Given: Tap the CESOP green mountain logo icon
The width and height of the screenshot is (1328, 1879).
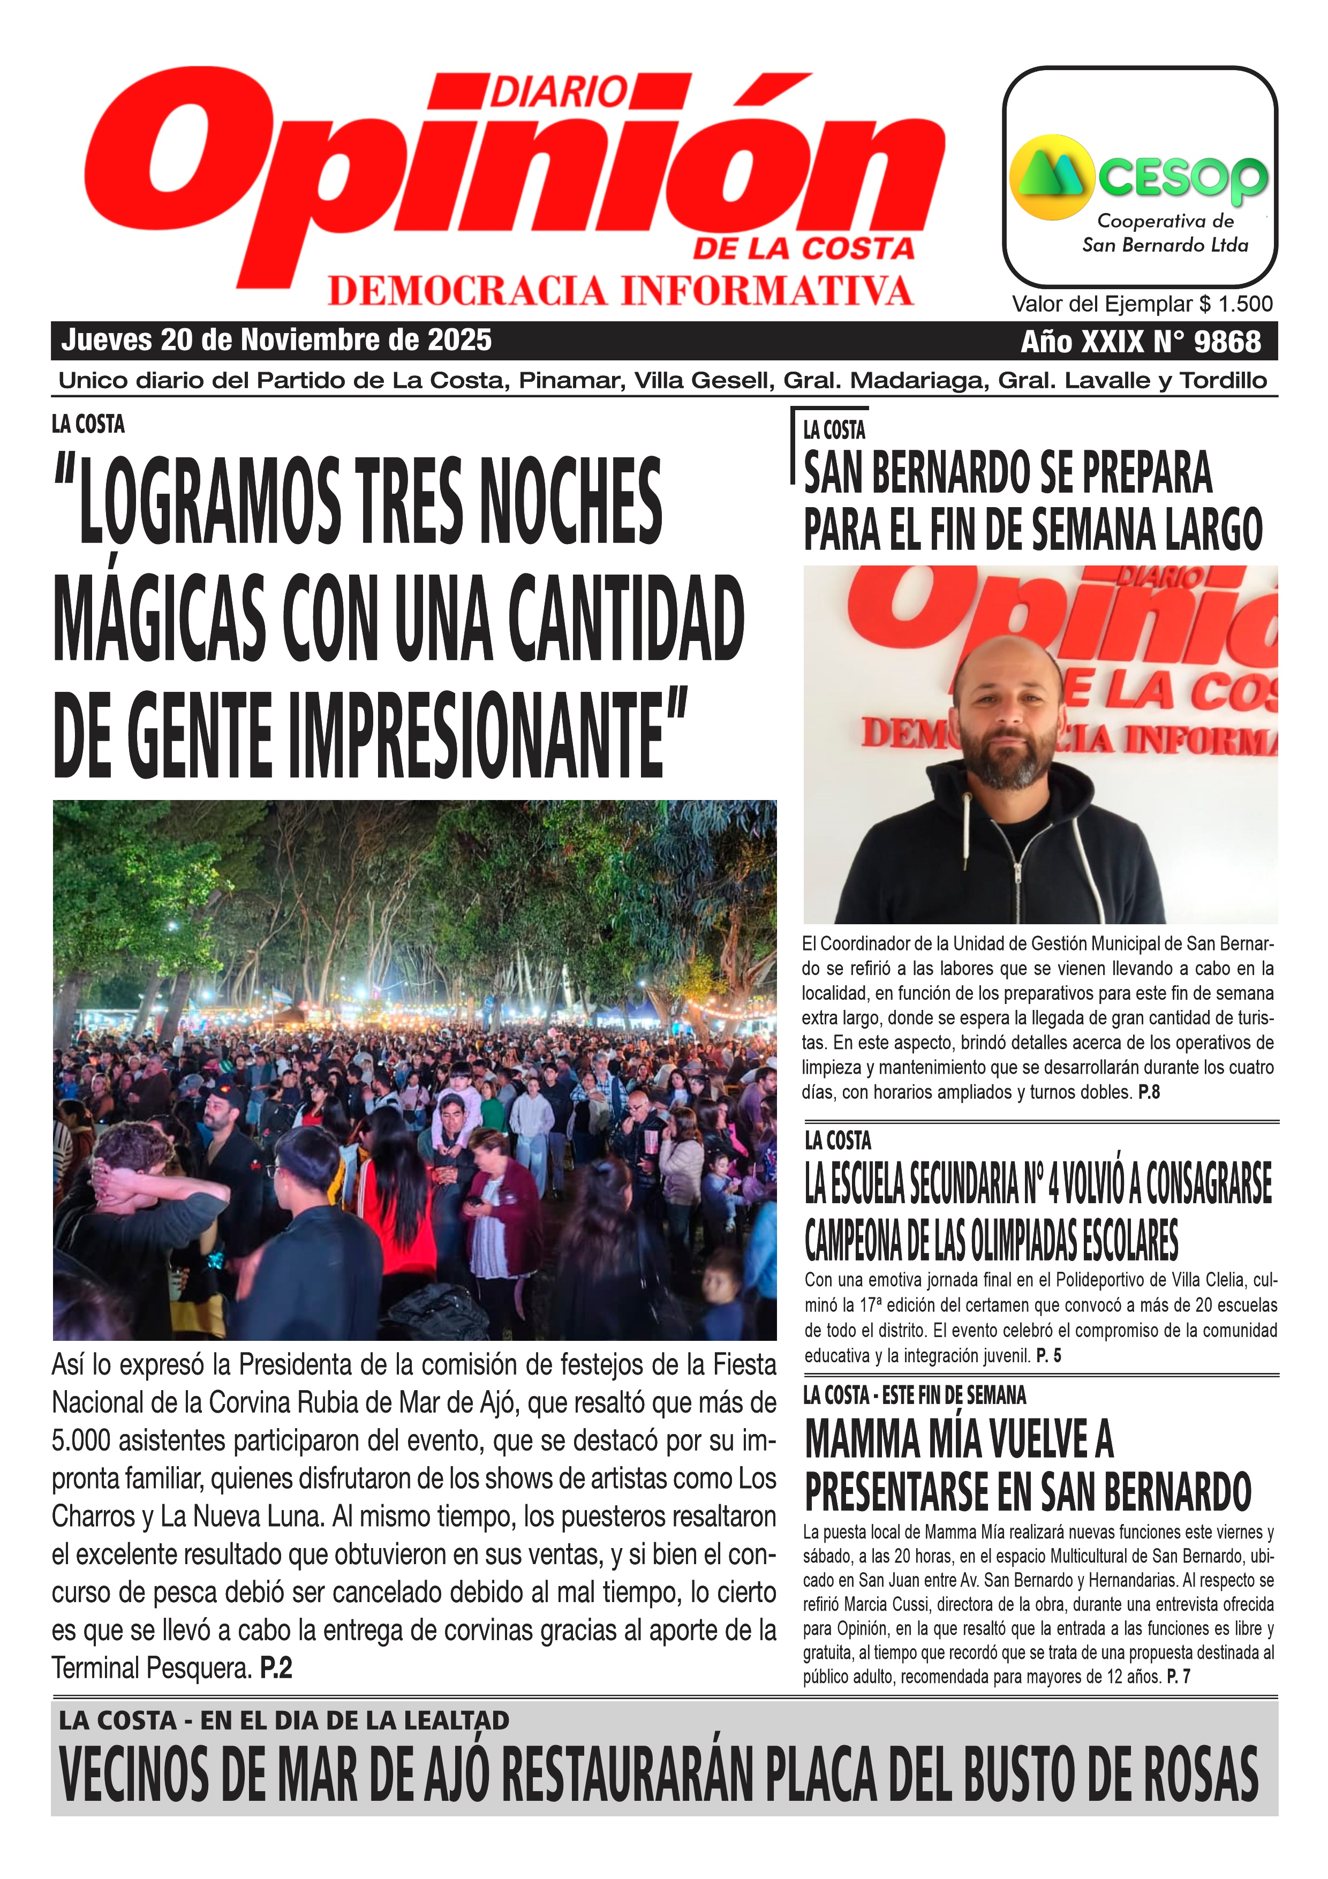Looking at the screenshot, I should pyautogui.click(x=1052, y=176).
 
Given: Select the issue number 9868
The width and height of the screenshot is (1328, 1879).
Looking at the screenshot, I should pyautogui.click(x=1227, y=341).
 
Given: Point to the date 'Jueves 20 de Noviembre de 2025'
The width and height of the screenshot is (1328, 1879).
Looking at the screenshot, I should pyautogui.click(x=276, y=339).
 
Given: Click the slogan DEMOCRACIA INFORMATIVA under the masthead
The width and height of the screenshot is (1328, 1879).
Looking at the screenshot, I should pyautogui.click(x=620, y=291).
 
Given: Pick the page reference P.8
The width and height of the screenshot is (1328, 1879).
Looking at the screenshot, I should pyautogui.click(x=1149, y=1092).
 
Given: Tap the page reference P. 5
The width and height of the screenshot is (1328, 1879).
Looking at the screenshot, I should pyautogui.click(x=1048, y=1355).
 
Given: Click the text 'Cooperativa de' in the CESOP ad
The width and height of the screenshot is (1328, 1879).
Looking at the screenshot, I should pyautogui.click(x=1164, y=221).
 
